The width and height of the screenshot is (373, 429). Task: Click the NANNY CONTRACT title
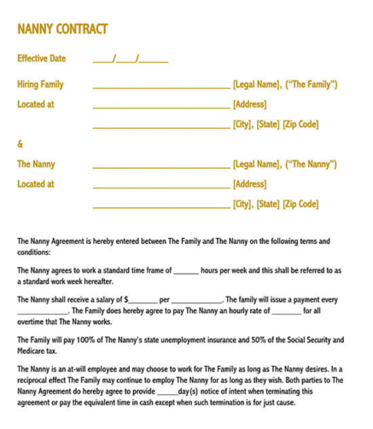pos(62,29)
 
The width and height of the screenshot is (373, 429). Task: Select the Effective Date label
pos(41,59)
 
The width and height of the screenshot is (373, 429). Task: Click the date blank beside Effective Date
pos(130,60)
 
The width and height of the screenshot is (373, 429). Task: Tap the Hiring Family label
pos(40,84)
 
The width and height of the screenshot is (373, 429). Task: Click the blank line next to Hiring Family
pos(160,86)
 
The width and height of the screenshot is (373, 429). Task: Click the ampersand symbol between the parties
pos(20,143)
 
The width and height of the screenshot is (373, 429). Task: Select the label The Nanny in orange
pos(36,164)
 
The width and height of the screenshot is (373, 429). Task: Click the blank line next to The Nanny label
pos(160,165)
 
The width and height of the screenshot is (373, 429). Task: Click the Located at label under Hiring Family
pos(36,105)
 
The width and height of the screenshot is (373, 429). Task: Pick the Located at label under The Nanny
pos(36,183)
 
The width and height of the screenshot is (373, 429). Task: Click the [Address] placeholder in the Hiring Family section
pos(250,105)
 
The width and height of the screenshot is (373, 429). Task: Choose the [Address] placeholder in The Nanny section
pos(250,183)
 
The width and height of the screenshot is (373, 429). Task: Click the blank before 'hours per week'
pos(185,272)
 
